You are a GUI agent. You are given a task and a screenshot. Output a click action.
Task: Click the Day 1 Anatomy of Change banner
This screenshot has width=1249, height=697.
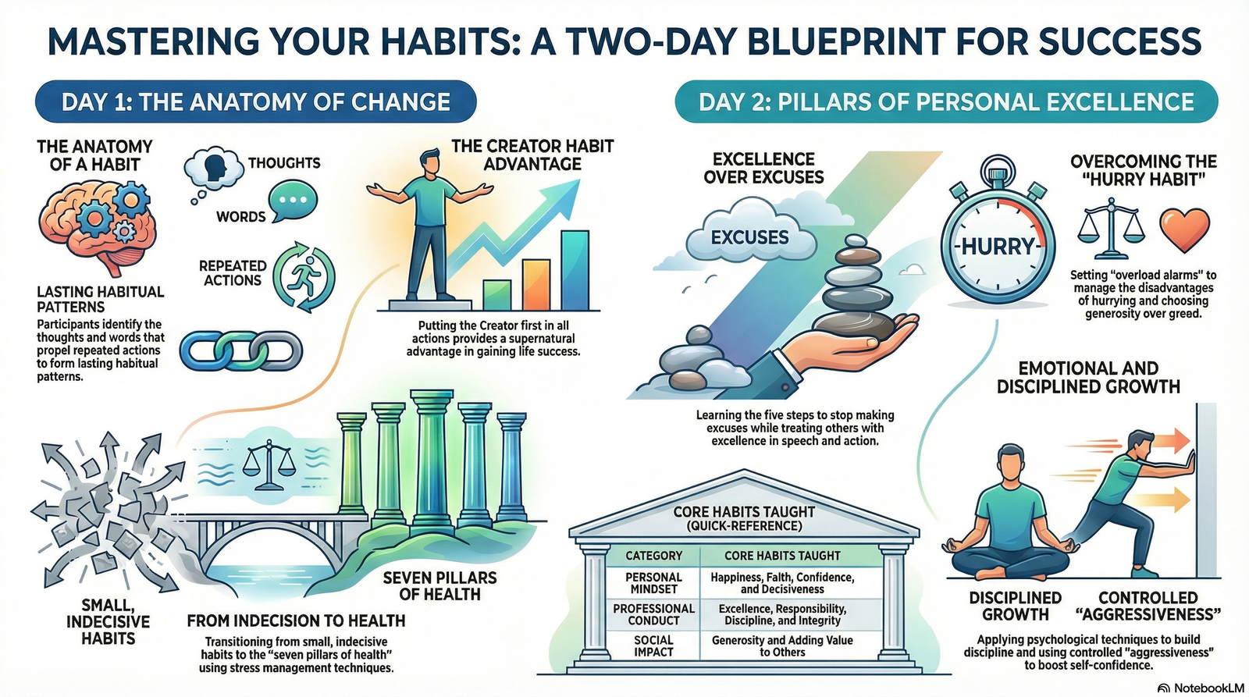(255, 102)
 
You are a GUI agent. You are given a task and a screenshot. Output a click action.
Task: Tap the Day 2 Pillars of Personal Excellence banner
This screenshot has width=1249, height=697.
(946, 102)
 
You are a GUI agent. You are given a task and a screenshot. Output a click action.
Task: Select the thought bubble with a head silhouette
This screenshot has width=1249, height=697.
(214, 169)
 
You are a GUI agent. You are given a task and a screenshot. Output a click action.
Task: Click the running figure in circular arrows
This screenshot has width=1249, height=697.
(304, 277)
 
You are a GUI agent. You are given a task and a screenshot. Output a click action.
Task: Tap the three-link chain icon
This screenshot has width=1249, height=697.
(241, 351)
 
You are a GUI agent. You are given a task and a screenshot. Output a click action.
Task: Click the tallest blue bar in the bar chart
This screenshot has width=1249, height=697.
(575, 270)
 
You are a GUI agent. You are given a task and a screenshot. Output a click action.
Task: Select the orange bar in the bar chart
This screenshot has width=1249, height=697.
(536, 285)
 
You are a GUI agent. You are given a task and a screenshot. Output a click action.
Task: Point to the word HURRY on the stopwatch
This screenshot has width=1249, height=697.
(998, 246)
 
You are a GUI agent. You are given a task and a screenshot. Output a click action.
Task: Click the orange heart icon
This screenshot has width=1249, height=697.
(1184, 229)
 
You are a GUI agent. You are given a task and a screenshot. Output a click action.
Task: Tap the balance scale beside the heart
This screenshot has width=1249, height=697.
(1111, 229)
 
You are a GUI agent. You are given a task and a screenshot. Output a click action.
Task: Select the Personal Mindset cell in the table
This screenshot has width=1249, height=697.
(653, 583)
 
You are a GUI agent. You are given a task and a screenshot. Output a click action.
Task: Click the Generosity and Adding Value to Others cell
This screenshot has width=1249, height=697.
(782, 645)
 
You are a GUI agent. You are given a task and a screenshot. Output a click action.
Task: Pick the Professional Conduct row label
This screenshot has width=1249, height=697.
(653, 614)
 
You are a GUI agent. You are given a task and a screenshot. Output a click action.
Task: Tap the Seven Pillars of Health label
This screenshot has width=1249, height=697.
(440, 585)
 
